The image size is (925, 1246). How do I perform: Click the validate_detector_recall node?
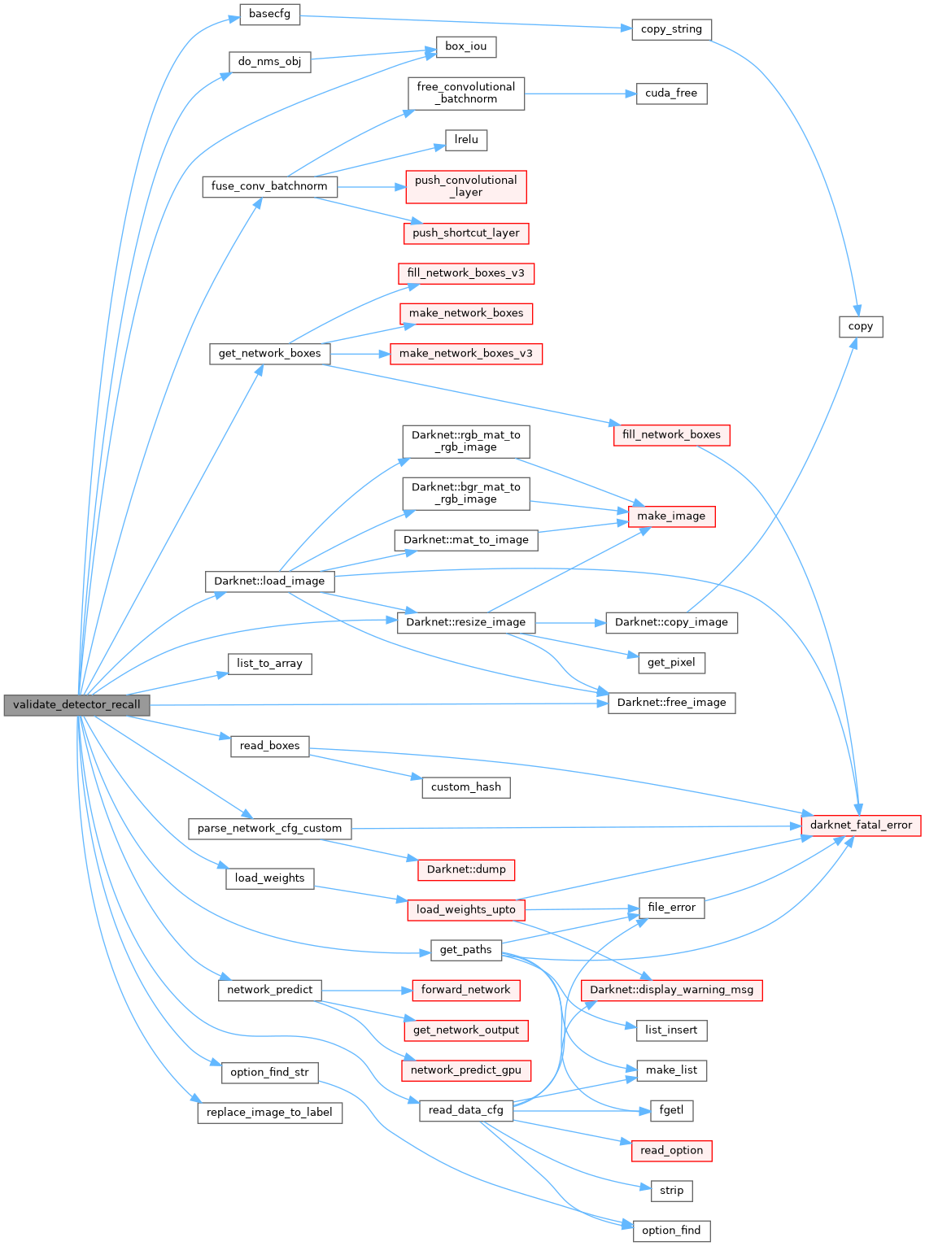(76, 705)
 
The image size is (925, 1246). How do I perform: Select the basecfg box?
(269, 15)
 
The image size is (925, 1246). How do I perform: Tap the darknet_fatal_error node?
(861, 825)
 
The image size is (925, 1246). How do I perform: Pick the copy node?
(861, 326)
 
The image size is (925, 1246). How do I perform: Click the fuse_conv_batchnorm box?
(269, 186)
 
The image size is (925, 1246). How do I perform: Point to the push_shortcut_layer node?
(466, 233)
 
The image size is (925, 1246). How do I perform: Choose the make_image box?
(671, 516)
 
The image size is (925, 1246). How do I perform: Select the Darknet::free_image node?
(671, 703)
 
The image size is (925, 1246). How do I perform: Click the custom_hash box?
(466, 787)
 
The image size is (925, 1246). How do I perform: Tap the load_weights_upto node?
(466, 909)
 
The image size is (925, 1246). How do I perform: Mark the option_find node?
(671, 1231)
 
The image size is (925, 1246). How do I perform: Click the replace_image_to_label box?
(269, 1113)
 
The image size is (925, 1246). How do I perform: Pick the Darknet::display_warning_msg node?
(671, 990)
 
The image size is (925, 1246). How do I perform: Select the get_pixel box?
(671, 663)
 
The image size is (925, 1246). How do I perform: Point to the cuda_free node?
(671, 94)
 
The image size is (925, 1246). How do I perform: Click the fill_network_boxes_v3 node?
(466, 273)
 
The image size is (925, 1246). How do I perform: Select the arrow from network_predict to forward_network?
(366, 990)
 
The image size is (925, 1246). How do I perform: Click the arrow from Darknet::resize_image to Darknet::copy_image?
(570, 623)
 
